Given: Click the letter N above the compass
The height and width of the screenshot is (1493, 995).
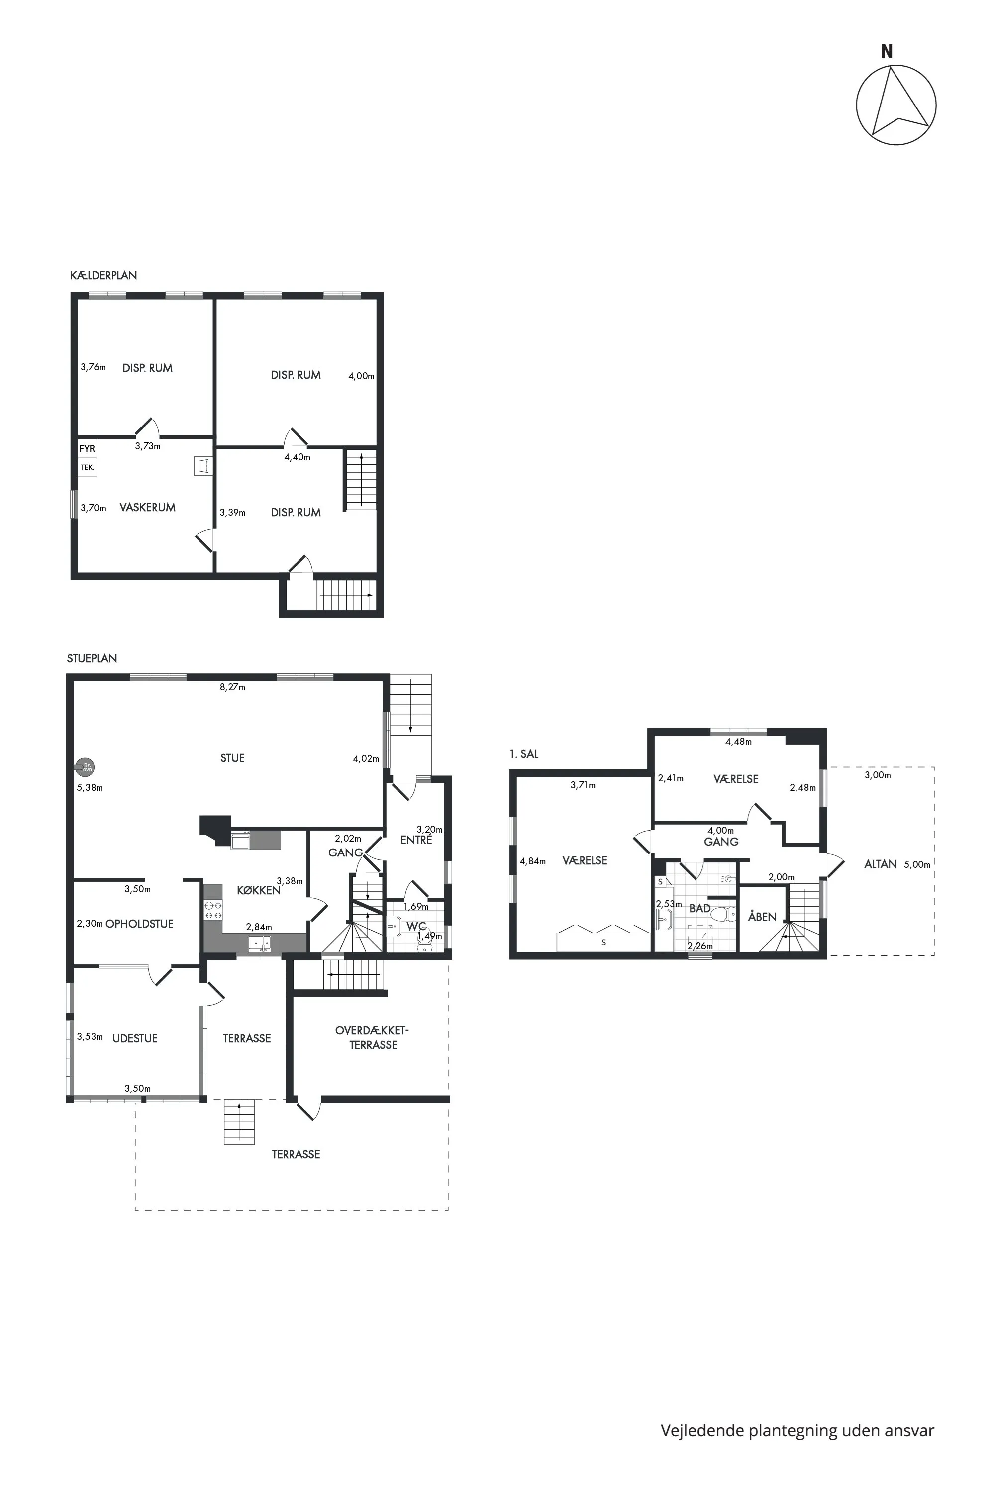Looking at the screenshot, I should (x=887, y=52).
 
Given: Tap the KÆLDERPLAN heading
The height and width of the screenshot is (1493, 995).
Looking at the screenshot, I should (x=103, y=276).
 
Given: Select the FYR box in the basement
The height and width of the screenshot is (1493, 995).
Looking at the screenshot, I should (x=87, y=449).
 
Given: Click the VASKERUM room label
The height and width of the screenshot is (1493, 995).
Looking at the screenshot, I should (x=147, y=507).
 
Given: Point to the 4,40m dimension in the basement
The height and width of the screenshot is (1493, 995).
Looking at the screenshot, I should (x=297, y=457).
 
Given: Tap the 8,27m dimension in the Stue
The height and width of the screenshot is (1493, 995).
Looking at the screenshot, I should (x=232, y=687).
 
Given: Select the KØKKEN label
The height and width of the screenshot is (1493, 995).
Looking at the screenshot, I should (x=258, y=891).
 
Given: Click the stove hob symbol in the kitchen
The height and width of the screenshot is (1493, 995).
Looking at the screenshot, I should (x=212, y=910).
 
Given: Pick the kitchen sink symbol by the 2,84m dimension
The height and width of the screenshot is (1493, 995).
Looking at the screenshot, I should (x=259, y=944).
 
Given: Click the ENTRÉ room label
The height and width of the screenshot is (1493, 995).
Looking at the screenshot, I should (x=416, y=840).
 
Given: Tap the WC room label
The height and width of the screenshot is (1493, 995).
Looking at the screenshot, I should (x=415, y=926).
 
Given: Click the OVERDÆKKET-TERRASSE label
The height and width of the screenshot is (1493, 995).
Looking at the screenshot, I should (x=373, y=1037).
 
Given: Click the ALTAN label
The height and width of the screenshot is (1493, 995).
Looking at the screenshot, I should (x=880, y=864).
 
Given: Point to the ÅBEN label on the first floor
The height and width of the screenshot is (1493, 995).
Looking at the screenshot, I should (x=762, y=917).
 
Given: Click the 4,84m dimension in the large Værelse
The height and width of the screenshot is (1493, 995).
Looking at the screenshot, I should (x=532, y=861).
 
